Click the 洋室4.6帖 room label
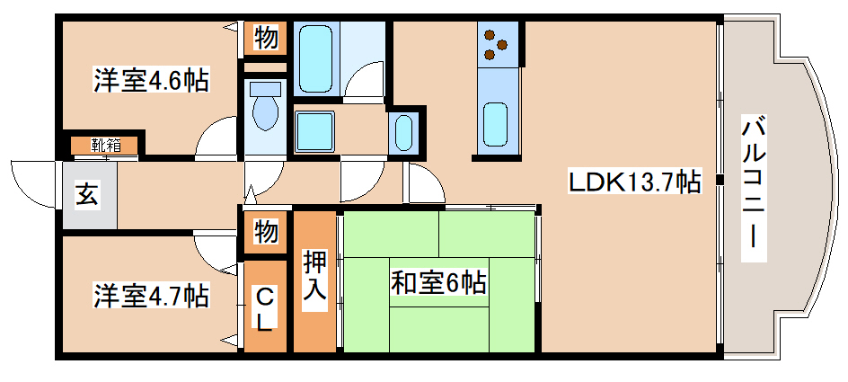151,81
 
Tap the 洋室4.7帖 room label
151,294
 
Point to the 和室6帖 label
437,284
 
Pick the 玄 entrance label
88,194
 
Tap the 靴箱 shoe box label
106,145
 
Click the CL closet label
264,309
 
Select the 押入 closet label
314,280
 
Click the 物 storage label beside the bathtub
265,38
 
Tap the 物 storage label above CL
265,231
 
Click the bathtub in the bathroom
316,57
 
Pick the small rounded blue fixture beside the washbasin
405,133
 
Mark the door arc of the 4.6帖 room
216,139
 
